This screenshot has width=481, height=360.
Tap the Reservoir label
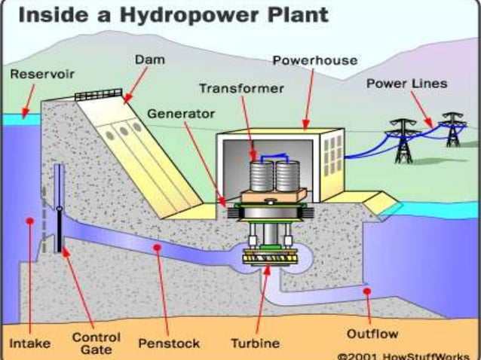point(38,74)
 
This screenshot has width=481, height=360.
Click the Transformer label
point(241,88)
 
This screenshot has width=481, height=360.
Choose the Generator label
point(180,114)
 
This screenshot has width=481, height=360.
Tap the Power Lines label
point(406,83)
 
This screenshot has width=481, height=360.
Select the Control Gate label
point(96,343)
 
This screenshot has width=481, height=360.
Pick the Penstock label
point(169,343)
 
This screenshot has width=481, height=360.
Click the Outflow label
point(372,332)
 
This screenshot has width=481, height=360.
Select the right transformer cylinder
point(288,175)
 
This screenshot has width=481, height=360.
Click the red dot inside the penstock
point(156,247)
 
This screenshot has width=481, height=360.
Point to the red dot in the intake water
point(29,221)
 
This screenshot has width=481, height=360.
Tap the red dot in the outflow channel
point(366,291)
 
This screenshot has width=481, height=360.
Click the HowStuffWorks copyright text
point(407,355)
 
